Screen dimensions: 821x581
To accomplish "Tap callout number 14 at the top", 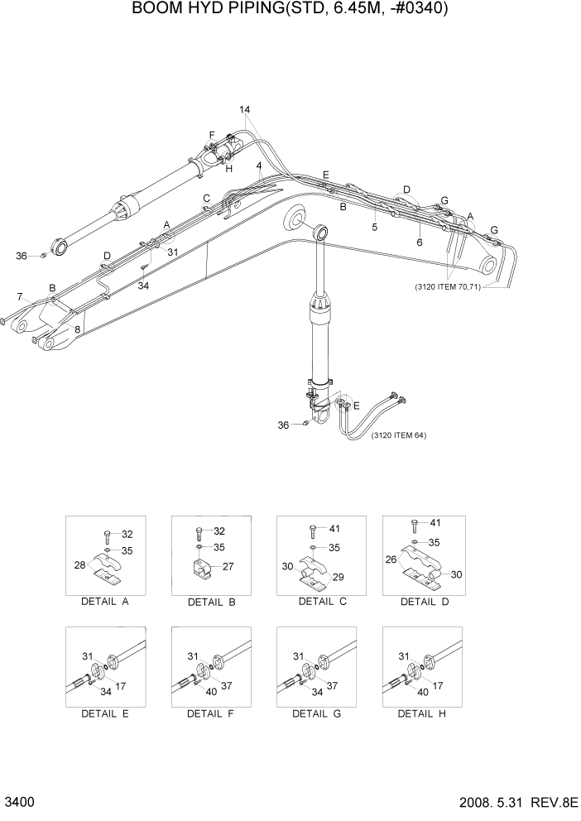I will point(245,110).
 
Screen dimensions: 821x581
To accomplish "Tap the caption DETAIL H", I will point(422,713).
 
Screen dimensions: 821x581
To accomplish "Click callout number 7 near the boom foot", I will point(20,295).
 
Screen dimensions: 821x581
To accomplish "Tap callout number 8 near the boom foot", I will point(77,329).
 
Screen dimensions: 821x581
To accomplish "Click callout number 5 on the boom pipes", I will point(374,227).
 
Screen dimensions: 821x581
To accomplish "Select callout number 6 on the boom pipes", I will point(419,242).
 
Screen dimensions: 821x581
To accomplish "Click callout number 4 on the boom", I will point(259,166).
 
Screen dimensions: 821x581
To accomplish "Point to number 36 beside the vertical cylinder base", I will point(284,425).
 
